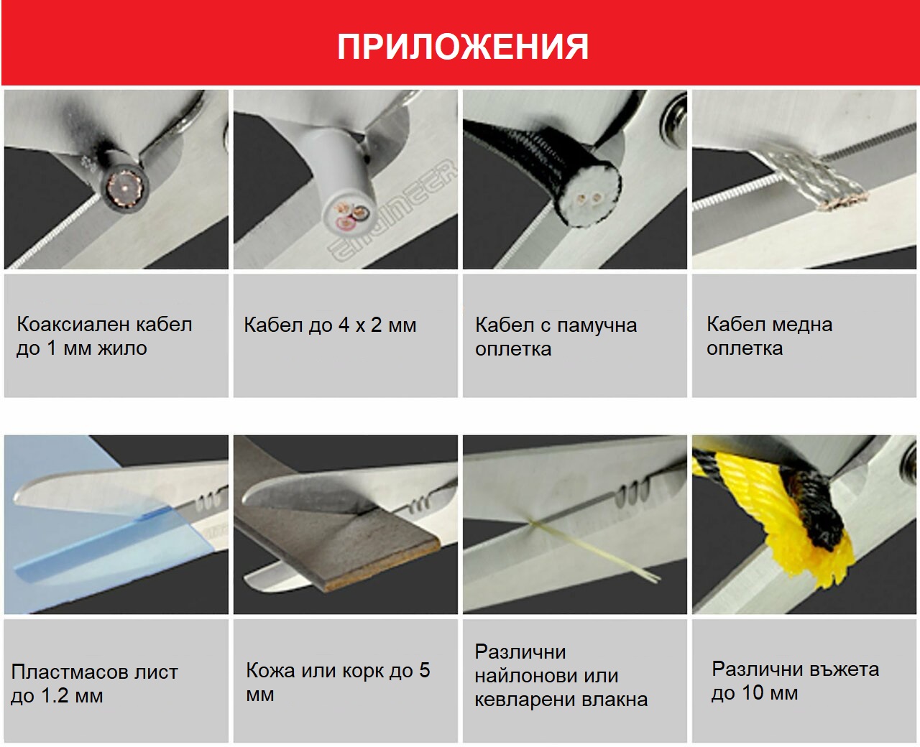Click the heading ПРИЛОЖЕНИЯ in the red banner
point(463,47)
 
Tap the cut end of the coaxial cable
point(127,188)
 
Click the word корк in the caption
point(362,671)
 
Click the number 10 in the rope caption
point(752,693)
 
